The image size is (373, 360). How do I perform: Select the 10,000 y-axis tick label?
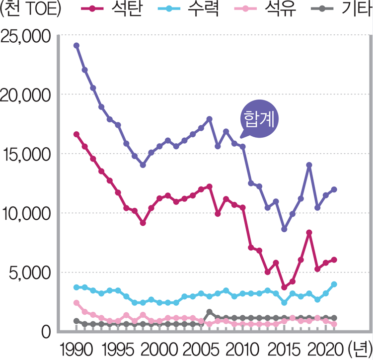pos(25,214)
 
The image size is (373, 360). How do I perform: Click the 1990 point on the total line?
pos(76,45)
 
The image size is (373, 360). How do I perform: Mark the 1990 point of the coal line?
pos(76,134)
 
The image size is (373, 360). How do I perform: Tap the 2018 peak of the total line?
pos(309,165)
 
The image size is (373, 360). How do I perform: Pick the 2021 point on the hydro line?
pos(334,284)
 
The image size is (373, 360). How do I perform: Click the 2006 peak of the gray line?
pos(209,312)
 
